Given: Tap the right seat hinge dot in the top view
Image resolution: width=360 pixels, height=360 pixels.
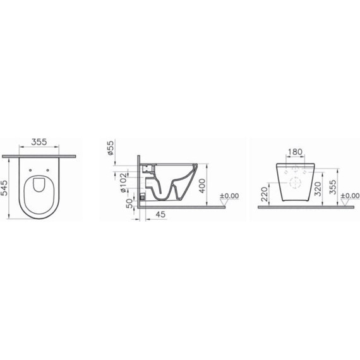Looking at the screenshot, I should click(51, 169).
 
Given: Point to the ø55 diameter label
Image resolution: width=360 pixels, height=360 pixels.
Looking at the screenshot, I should click(111, 149).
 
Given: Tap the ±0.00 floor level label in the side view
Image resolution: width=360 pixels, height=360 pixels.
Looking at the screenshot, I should click(231, 196).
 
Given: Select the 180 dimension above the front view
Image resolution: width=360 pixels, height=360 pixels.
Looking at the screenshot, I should click(295, 152).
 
